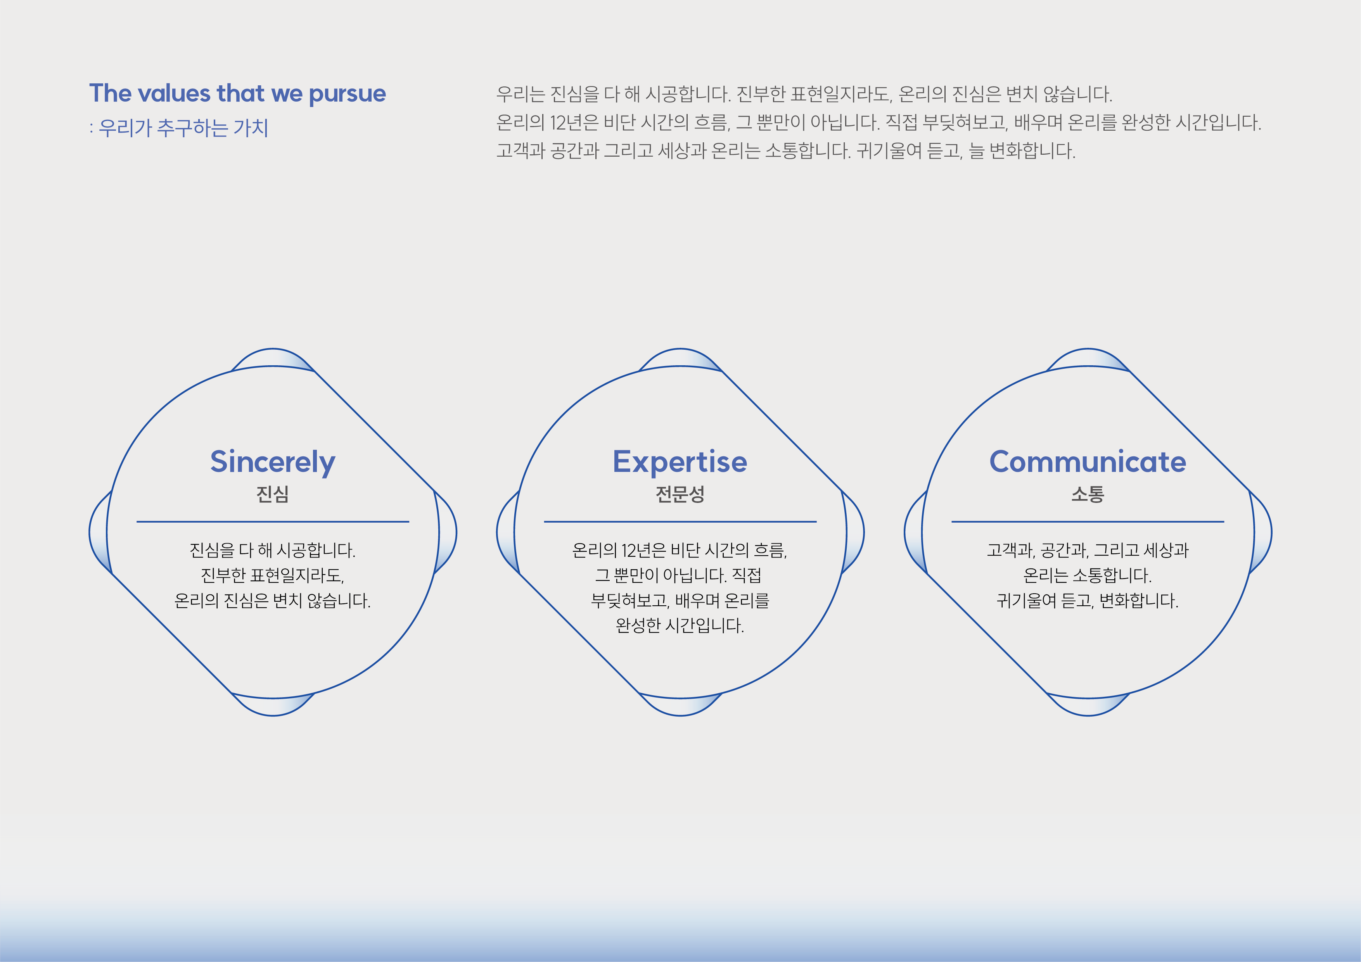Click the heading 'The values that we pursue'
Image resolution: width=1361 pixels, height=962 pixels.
point(237,94)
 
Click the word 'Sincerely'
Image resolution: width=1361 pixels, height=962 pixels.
point(273,462)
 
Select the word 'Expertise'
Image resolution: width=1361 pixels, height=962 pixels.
point(680,462)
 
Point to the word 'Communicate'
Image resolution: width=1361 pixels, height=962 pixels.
point(1088,462)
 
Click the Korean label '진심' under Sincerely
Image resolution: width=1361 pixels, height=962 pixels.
point(273,494)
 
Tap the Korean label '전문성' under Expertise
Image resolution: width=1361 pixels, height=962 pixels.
point(680,494)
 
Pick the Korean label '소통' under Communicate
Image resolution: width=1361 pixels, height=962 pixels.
point(1088,494)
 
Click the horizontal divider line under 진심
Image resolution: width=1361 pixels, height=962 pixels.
point(273,522)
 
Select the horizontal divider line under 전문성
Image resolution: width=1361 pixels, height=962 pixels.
point(680,522)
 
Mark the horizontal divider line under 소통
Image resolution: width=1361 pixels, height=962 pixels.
point(1088,522)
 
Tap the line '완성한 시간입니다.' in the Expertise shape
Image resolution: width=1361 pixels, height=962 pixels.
point(680,625)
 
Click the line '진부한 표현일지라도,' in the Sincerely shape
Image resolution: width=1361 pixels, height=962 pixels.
point(273,575)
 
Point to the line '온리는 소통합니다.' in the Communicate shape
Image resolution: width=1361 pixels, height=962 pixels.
point(1088,575)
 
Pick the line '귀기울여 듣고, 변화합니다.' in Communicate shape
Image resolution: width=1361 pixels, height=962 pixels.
point(1088,601)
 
